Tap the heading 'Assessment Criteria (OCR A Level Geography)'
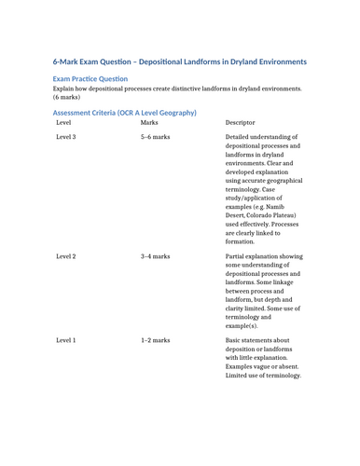124,112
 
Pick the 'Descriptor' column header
242,122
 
